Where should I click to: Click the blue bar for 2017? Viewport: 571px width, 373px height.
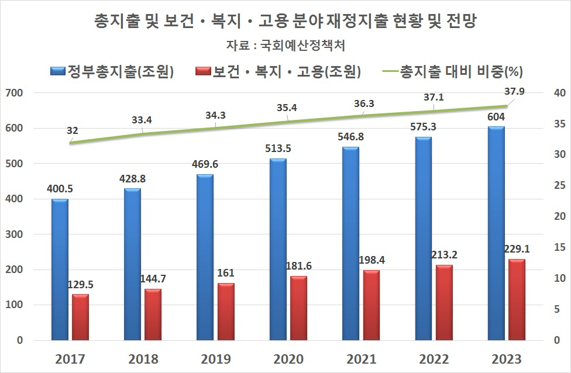pos(59,270)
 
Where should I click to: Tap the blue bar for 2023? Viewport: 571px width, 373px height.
pos(496,233)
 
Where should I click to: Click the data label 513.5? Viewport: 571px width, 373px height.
pos(278,148)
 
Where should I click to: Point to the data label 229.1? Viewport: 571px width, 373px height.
pos(517,248)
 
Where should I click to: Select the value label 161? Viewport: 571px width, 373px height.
pos(226,273)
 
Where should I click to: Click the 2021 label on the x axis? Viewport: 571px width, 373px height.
pos(361,358)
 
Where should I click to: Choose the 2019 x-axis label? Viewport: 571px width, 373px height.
pos(215,358)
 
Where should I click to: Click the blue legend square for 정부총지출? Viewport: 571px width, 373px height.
pos(57,72)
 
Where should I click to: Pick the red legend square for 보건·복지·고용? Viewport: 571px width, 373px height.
pos(202,72)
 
